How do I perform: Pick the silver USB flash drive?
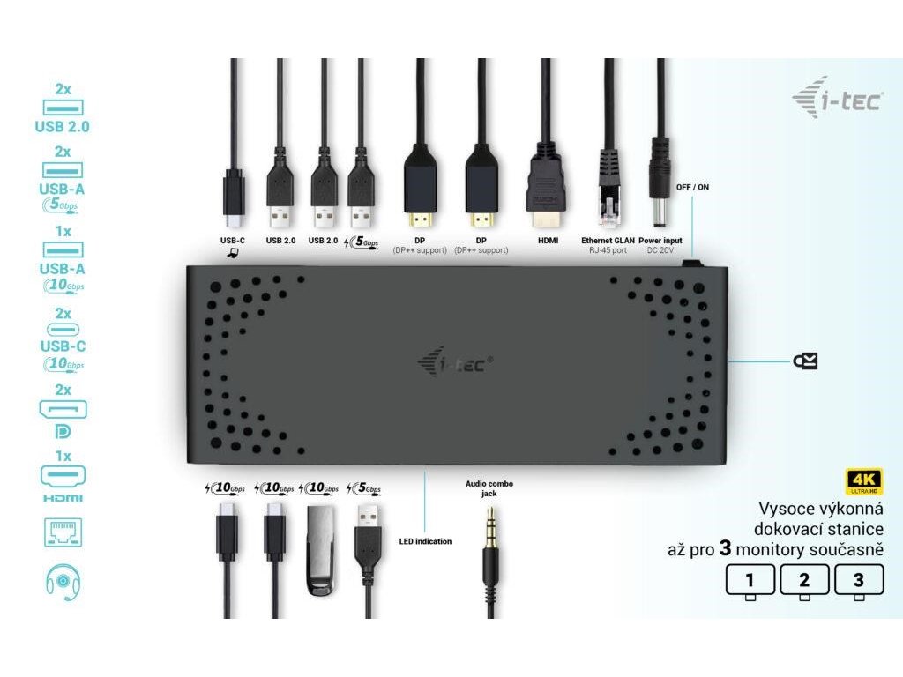[x=319, y=550]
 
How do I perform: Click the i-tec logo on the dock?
[x=453, y=361]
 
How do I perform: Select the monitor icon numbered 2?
[x=803, y=582]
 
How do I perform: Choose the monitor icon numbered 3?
[x=857, y=582]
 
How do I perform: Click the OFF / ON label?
[x=693, y=188]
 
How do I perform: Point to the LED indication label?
[x=425, y=541]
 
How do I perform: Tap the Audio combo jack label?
[x=489, y=488]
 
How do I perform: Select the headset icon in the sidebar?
[x=63, y=582]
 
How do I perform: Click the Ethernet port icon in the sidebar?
[x=63, y=533]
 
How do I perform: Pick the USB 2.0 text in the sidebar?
[x=63, y=126]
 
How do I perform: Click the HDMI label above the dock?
[x=546, y=240]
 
